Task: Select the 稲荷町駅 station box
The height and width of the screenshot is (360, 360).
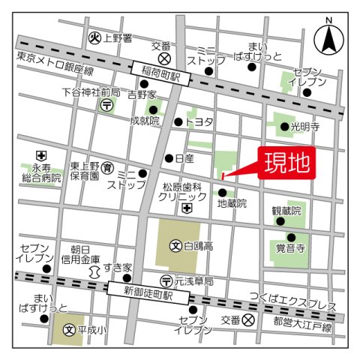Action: [163, 75]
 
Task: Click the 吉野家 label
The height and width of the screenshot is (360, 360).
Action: [141, 94]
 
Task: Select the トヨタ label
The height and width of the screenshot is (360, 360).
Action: [199, 121]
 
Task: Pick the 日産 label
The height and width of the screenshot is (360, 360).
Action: [184, 158]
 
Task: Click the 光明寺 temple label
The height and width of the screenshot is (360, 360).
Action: [305, 127]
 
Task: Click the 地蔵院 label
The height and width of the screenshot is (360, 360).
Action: [232, 203]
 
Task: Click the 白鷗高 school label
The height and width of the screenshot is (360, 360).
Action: [196, 245]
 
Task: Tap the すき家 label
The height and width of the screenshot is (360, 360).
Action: [118, 267]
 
